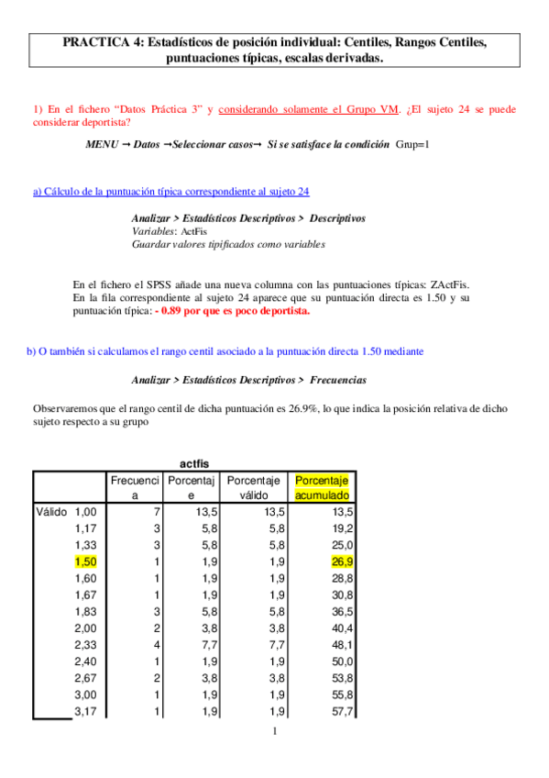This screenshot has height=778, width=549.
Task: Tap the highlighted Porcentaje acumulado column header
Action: [x=324, y=488]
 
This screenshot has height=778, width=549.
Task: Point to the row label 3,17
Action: [x=85, y=711]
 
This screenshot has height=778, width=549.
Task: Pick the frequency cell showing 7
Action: [x=157, y=511]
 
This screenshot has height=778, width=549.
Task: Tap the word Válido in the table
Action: [x=51, y=511]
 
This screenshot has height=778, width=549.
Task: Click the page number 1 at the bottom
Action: [x=274, y=731]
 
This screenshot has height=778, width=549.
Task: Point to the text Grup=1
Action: [x=412, y=145]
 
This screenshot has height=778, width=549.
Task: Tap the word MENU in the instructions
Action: [x=102, y=145]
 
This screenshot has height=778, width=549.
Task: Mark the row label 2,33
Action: [x=85, y=645]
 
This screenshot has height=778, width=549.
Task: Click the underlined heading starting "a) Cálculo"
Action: [x=170, y=192]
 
